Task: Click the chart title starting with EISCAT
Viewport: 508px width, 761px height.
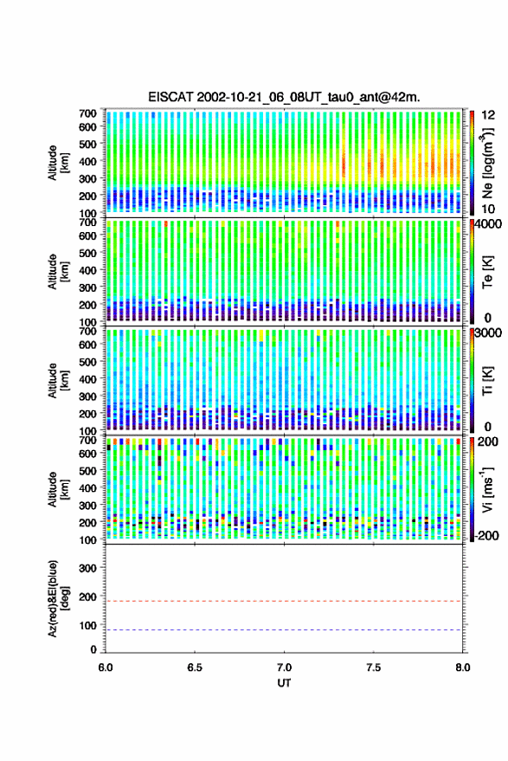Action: [x=284, y=97]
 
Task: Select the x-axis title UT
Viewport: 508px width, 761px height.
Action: [x=284, y=683]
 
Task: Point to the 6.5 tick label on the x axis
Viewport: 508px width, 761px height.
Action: [x=195, y=667]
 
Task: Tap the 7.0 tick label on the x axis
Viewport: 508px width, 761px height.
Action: [x=284, y=667]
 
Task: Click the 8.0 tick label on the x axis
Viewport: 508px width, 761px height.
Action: [x=462, y=667]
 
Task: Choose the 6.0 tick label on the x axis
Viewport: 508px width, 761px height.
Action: [x=106, y=667]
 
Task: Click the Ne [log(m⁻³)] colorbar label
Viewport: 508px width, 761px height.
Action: [x=488, y=163]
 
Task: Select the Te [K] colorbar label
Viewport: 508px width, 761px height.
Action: [x=487, y=272]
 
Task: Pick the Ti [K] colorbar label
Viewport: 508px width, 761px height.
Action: [x=487, y=381]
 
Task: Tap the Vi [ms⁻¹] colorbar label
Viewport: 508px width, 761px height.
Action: [x=487, y=489]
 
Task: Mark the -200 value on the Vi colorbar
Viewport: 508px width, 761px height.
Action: [x=485, y=535]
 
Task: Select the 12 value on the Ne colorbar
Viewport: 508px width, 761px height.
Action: [x=487, y=115]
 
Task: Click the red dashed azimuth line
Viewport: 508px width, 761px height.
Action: [x=284, y=601]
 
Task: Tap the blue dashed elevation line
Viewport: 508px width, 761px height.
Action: [x=284, y=630]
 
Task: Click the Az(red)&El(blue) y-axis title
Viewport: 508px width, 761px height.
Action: [x=58, y=599]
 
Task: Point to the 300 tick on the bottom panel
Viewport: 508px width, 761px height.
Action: [x=87, y=568]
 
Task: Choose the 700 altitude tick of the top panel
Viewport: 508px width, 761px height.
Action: [x=87, y=113]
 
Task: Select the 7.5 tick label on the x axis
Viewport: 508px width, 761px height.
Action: [x=373, y=667]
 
